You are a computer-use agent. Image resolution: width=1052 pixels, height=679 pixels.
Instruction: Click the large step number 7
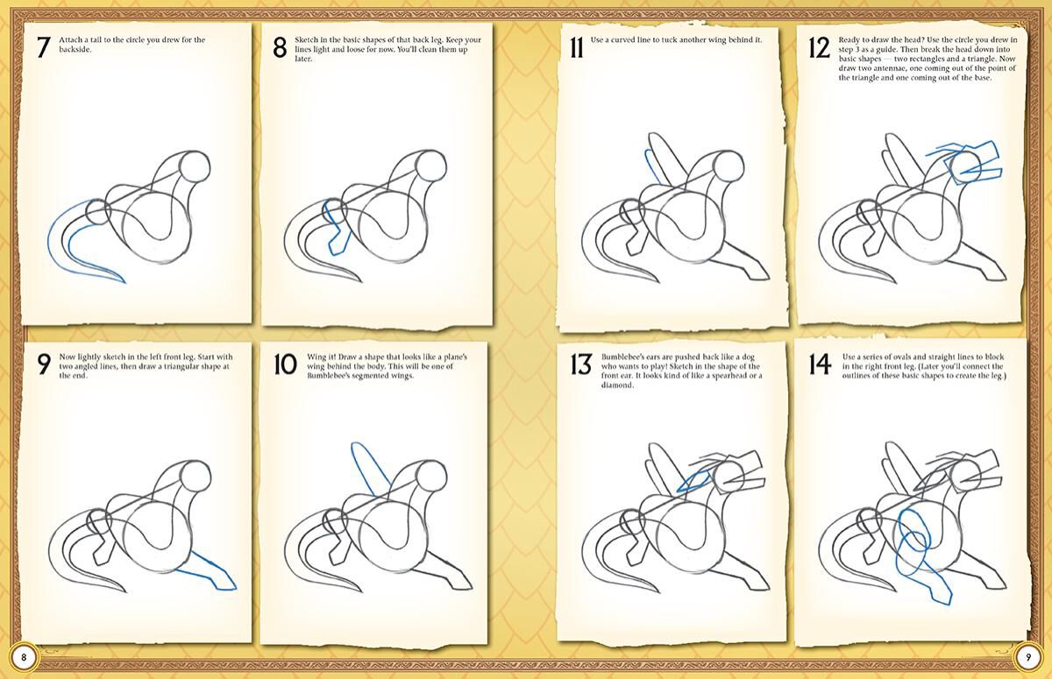point(42,47)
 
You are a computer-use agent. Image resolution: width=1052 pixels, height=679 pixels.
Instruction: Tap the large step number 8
point(280,47)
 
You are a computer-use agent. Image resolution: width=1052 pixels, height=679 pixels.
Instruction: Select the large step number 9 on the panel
point(43,364)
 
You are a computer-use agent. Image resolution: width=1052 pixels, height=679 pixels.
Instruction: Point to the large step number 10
point(285,364)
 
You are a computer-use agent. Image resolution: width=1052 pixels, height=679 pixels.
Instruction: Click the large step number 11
point(575,46)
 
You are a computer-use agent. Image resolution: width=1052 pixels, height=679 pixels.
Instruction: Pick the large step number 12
point(818,47)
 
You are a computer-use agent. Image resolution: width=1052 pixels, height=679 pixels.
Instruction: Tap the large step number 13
point(580,364)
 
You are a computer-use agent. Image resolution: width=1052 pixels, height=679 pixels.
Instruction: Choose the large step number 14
point(820,364)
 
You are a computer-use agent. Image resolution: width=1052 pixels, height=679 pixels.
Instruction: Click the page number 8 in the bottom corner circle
point(25,657)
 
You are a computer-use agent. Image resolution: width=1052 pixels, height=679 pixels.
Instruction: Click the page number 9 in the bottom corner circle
point(1027,657)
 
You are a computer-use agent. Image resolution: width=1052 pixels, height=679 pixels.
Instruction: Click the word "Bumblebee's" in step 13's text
point(624,358)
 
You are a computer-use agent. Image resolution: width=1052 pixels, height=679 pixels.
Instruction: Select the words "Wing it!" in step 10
point(321,358)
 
